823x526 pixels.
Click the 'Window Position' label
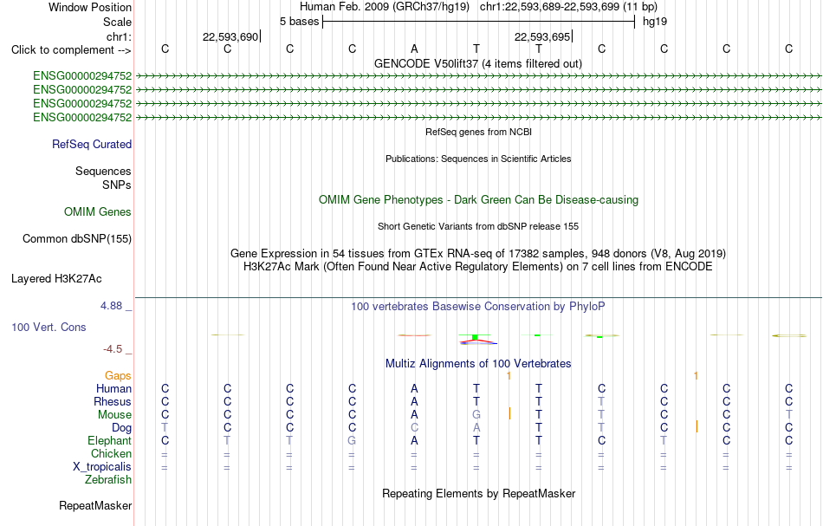[x=90, y=7]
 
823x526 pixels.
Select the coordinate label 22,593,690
[x=230, y=36]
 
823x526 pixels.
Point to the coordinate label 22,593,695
[x=542, y=36]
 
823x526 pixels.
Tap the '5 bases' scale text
[x=299, y=22]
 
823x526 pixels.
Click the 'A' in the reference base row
[x=414, y=49]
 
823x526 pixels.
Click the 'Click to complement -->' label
[x=71, y=50]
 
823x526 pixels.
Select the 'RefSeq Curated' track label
[x=92, y=145]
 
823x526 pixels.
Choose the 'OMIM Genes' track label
[x=98, y=212]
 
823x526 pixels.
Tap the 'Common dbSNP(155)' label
[x=77, y=239]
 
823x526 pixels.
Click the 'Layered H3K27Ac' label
[x=56, y=279]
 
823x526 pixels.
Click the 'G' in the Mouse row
[x=476, y=415]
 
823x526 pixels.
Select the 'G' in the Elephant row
[x=352, y=440]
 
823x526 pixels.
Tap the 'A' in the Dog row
[x=476, y=428]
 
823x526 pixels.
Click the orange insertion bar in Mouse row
[x=509, y=413]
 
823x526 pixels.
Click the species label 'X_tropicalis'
[x=102, y=467]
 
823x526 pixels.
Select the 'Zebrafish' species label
[x=108, y=480]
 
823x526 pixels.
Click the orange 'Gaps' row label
[x=118, y=376]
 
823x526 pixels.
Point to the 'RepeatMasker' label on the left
[x=95, y=506]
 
